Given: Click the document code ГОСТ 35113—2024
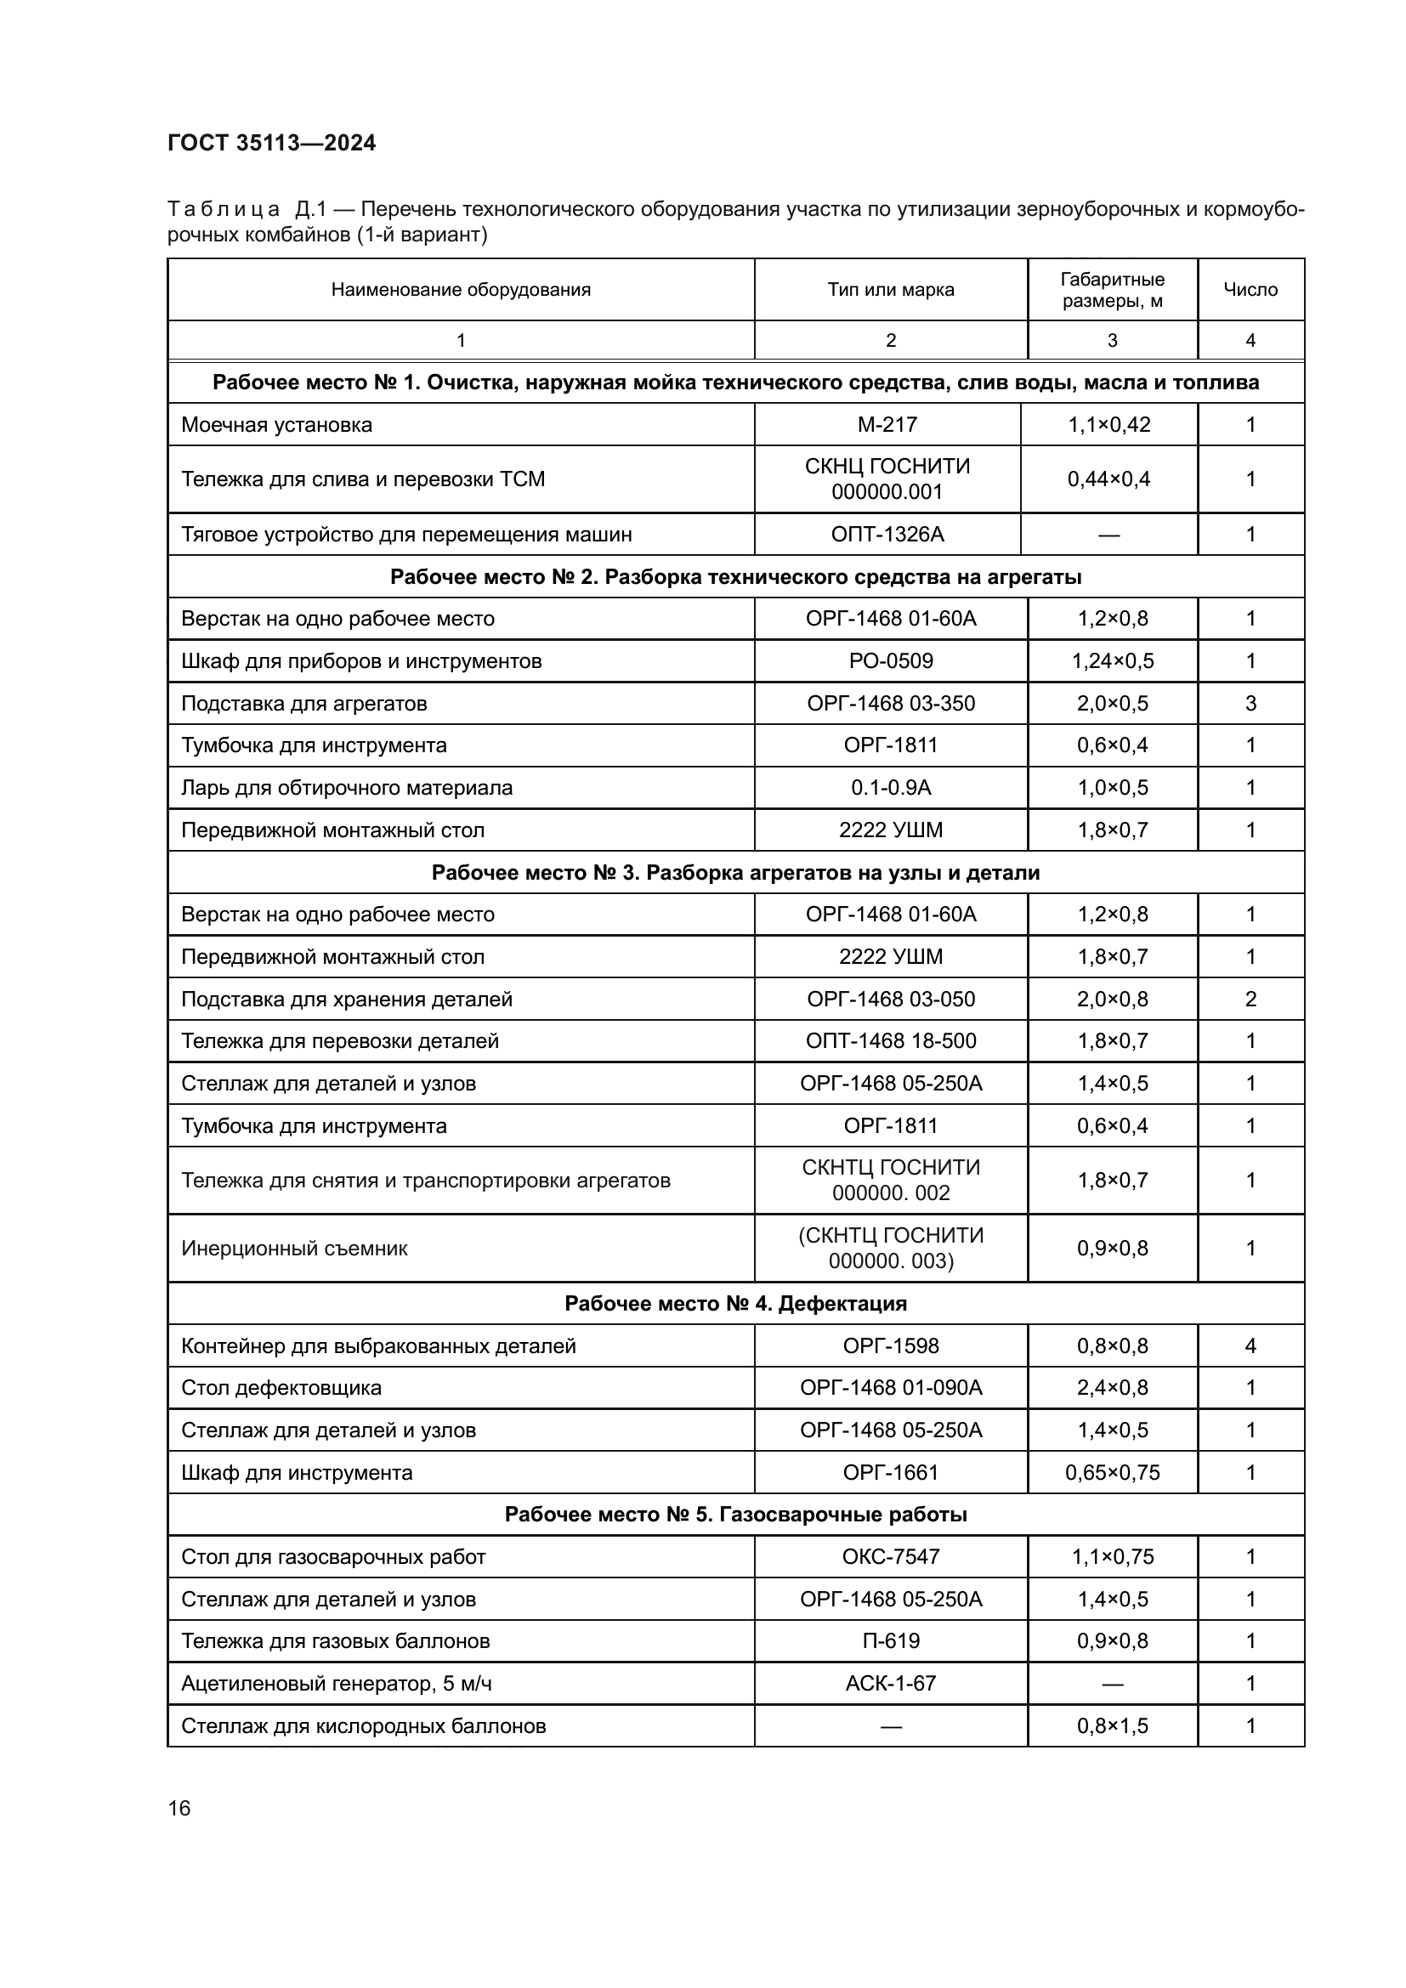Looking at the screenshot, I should click(271, 143).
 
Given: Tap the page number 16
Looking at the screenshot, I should click(179, 1808).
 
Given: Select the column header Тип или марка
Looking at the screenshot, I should click(890, 289).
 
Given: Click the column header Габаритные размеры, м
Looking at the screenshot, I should click(1112, 290).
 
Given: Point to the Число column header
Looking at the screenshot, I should click(1250, 289).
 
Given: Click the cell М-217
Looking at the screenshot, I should click(887, 424).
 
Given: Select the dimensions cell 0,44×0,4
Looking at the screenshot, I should click(1108, 479).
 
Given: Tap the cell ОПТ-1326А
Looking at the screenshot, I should click(887, 535).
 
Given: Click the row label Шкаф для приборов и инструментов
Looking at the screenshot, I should click(361, 661).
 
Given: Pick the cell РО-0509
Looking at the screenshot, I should click(890, 661).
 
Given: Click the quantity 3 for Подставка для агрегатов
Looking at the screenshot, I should click(1250, 703).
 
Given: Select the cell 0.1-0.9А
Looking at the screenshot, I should click(890, 788).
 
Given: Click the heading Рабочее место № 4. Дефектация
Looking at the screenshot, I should click(735, 1303).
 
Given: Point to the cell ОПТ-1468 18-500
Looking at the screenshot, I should click(890, 1041).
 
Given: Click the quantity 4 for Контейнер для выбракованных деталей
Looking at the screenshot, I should click(1250, 1345).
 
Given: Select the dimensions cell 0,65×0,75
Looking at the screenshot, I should click(1112, 1473).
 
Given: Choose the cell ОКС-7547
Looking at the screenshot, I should click(890, 1557).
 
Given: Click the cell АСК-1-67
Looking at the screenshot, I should click(890, 1683).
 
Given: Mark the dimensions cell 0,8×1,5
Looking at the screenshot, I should click(1112, 1725).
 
